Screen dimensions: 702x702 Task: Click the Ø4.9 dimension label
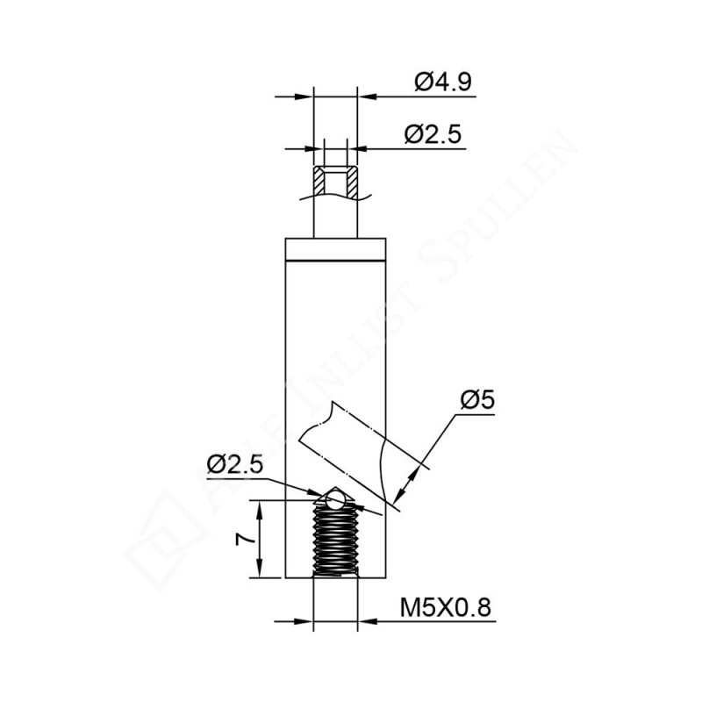[443, 82]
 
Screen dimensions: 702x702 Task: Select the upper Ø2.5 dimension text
[432, 134]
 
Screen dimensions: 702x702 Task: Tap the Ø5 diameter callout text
[477, 400]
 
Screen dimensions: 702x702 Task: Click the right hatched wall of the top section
[351, 183]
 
